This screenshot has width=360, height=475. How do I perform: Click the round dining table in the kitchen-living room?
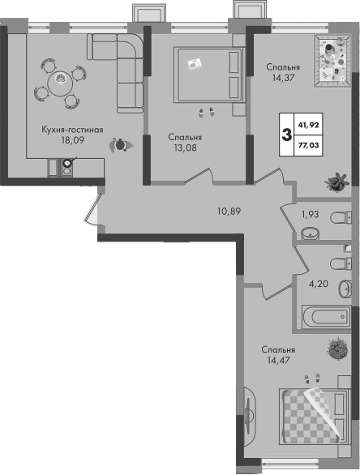coord(60,83)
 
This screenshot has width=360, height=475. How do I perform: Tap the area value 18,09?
coord(72,140)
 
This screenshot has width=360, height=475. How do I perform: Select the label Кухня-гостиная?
coord(72,130)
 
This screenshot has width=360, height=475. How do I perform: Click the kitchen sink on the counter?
coord(67,168)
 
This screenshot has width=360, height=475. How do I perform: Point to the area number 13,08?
coord(186,148)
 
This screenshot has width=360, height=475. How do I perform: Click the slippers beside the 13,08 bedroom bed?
coord(206,113)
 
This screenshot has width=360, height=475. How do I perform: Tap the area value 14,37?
coord(283,78)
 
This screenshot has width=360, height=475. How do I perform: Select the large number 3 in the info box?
coord(286,135)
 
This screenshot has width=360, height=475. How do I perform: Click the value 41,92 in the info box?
coord(308,125)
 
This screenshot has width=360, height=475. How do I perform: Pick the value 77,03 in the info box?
coord(308,145)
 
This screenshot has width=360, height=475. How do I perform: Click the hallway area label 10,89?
coord(229,211)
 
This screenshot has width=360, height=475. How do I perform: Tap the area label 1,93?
coord(310,215)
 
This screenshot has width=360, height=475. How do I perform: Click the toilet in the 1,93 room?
coord(341,217)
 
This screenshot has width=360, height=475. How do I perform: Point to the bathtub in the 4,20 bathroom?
coord(327,317)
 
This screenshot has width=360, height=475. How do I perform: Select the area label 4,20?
coord(318,285)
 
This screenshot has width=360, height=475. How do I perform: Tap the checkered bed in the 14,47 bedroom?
coord(315,417)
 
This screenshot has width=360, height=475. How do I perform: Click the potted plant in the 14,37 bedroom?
coord(337,182)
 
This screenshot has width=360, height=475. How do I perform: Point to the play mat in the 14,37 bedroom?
coord(332,61)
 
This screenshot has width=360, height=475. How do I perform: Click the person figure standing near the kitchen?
coord(121,145)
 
